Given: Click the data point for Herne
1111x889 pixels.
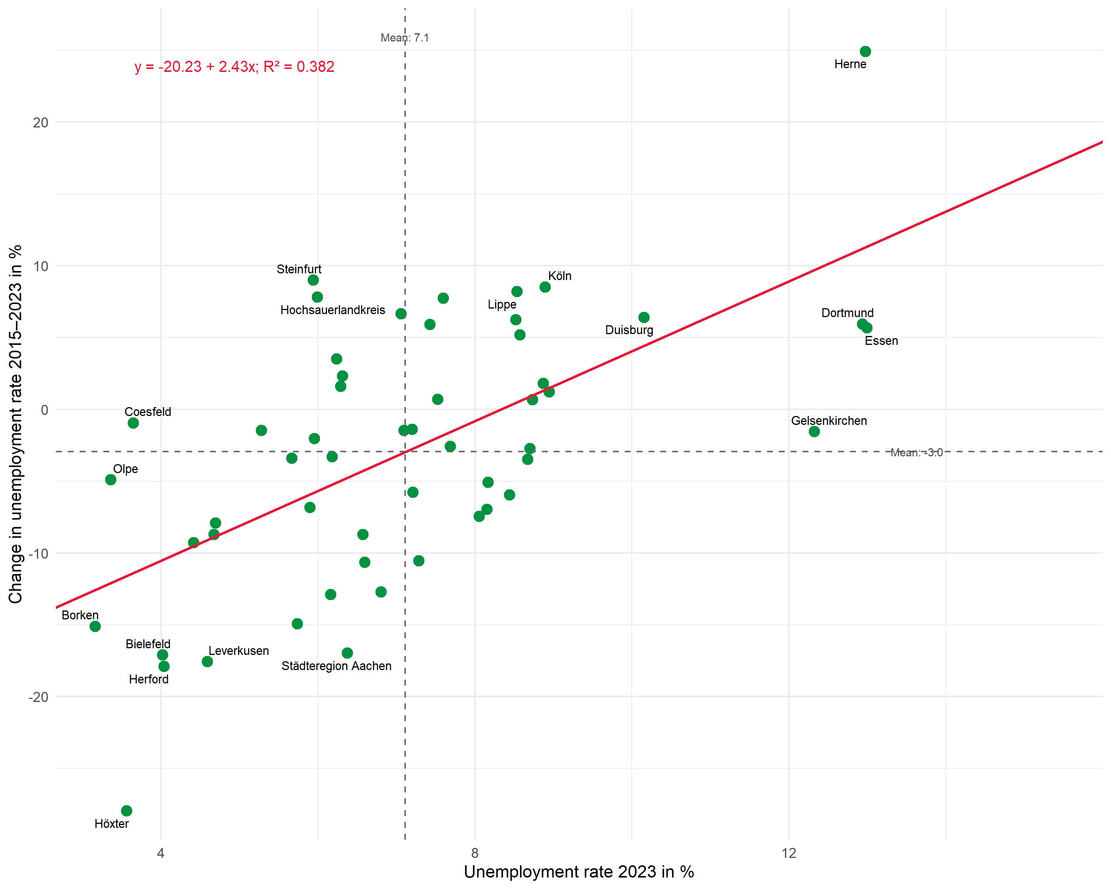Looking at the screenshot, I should pos(865,51).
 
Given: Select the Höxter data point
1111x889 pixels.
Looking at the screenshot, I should pos(126,811).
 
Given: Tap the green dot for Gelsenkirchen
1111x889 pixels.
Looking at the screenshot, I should pos(814,432).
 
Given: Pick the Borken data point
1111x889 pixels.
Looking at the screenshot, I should pos(95,626).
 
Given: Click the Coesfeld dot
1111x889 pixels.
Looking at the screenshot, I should pos(133,423).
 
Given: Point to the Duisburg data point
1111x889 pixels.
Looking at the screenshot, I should pos(644,317).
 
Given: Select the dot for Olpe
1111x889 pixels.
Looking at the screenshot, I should pos(110,480).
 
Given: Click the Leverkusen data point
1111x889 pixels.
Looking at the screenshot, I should pos(207,661).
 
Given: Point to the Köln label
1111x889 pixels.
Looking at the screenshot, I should pos(560,276).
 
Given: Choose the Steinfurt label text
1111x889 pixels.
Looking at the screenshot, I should pos(299,269).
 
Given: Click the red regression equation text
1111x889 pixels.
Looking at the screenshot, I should pos(234,66).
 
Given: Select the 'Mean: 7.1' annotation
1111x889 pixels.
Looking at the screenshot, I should pos(404,38).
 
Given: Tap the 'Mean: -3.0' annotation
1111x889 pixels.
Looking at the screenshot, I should pos(916,453).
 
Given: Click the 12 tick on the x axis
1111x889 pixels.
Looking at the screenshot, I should pos(788,853).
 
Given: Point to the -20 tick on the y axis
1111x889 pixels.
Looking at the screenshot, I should pos(39,697).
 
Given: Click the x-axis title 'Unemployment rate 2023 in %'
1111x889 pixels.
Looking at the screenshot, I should pos(579,872).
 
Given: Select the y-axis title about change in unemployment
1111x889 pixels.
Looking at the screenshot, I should pos(16,424).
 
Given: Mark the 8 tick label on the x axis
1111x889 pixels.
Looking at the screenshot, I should pos(475,853).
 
